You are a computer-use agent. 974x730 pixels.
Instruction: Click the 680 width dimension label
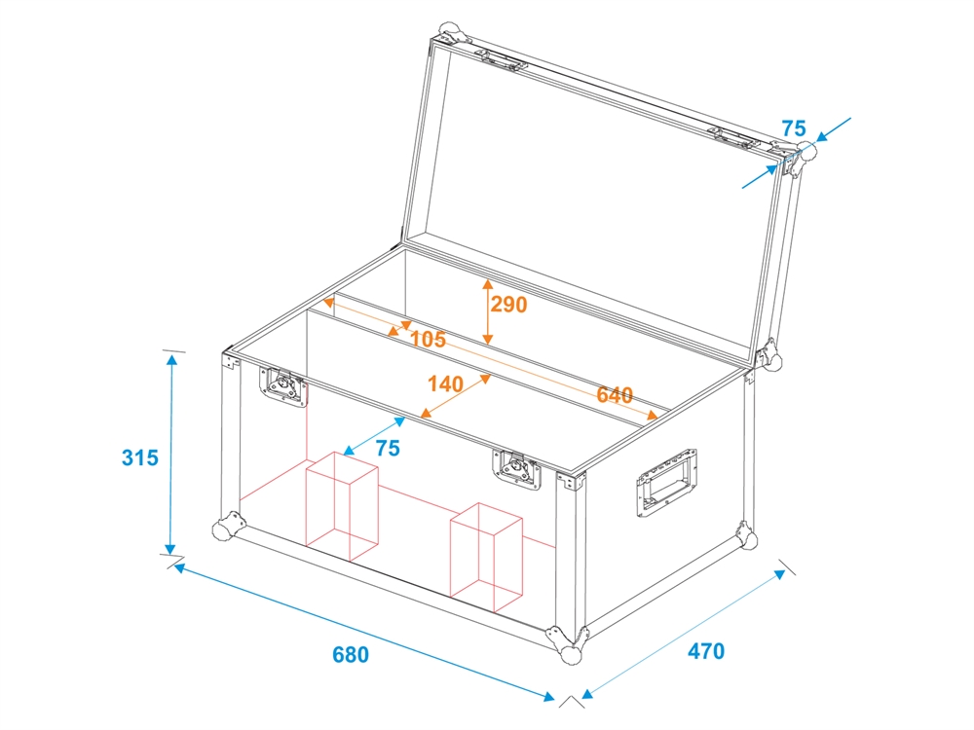pos(351,654)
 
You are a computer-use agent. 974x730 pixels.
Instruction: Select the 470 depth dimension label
pos(706,650)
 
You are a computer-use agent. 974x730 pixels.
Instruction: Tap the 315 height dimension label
pos(139,457)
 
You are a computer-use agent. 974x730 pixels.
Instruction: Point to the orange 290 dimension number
pos(508,304)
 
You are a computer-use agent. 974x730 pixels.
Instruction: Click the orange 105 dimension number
pos(428,339)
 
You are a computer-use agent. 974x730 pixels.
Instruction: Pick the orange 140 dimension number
pos(445,383)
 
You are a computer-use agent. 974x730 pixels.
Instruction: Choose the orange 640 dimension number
pos(615,395)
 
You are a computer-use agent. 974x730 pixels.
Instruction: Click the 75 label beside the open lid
pos(793,128)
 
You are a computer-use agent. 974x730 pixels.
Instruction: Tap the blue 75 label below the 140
pos(389,448)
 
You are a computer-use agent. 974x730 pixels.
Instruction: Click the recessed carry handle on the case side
pos(666,483)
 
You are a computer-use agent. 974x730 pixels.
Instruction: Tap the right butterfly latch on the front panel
pos(517,469)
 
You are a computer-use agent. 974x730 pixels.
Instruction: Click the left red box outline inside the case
pos(342,506)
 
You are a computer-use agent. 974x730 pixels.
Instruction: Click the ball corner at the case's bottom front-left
pos(222,530)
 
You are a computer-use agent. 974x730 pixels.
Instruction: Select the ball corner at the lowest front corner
pos(570,654)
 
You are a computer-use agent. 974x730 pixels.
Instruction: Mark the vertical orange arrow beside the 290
pos(488,311)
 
